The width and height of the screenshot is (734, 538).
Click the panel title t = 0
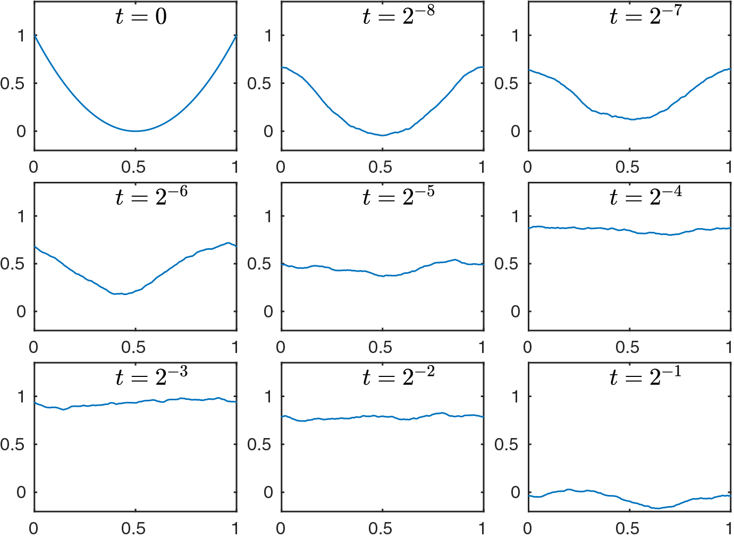coord(141,16)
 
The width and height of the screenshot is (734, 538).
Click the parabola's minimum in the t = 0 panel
coord(136,131)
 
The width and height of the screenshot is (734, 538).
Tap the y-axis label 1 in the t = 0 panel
coord(21,36)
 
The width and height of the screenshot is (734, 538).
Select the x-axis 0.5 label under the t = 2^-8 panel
coord(381,167)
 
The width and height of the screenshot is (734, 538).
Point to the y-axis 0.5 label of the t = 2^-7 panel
coord(506,83)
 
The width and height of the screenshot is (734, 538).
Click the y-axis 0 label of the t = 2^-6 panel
coord(21,312)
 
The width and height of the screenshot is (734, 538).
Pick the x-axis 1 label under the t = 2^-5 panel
coord(482,347)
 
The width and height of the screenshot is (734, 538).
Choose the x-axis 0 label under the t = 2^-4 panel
coord(527,347)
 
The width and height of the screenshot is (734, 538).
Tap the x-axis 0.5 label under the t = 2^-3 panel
coord(133,528)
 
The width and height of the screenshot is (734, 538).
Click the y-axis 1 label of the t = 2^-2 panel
coord(268,397)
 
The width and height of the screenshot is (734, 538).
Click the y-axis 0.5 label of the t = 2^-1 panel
coord(506,444)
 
